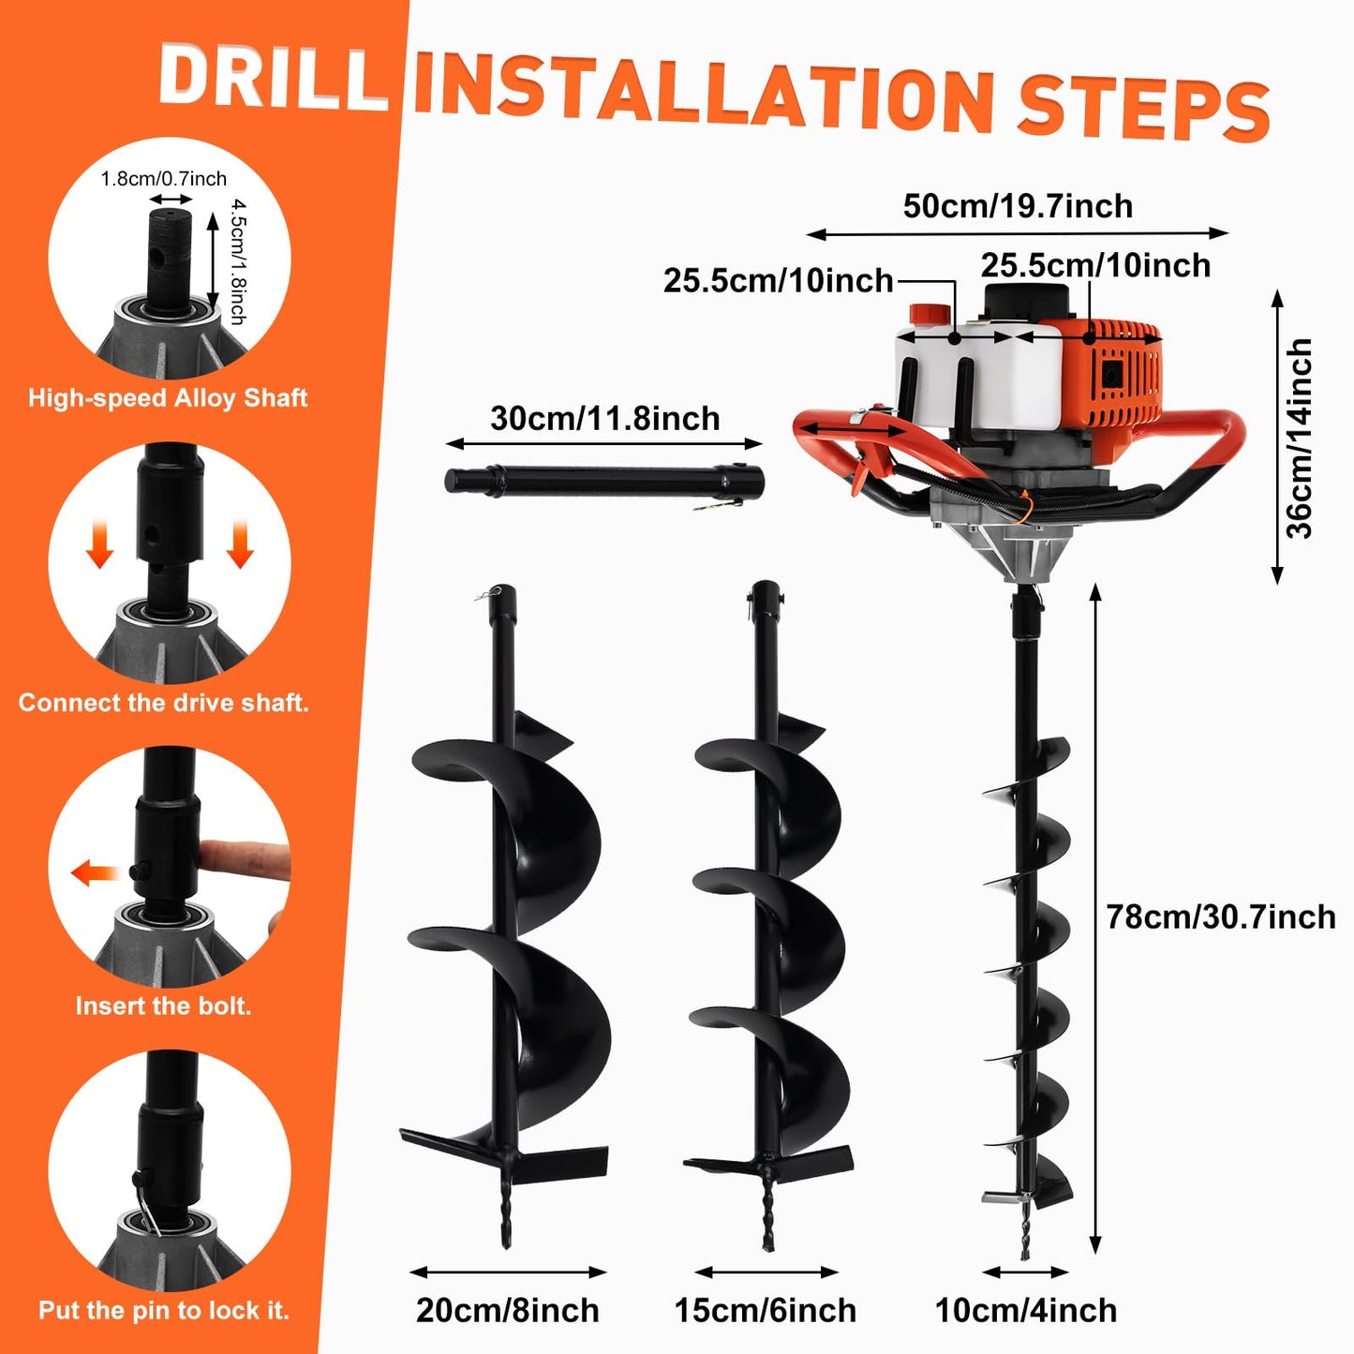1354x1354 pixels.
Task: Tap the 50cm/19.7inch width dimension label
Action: coord(1018,206)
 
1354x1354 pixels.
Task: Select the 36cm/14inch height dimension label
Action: coord(1300,439)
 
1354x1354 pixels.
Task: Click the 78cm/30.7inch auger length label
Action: coord(1220,916)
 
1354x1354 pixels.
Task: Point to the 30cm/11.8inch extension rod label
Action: coord(605,418)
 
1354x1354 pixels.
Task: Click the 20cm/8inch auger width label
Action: coord(508,1310)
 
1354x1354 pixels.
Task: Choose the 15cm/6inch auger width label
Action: coord(766,1310)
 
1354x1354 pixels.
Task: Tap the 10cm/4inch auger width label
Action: coord(1026,1310)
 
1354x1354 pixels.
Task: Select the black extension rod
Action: coord(604,482)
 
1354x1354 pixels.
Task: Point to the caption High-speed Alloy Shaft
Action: coord(168,398)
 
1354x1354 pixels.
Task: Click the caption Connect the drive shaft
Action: coord(164,703)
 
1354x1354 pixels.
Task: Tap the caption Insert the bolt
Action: coord(164,1006)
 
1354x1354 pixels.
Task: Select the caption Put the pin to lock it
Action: coord(164,1310)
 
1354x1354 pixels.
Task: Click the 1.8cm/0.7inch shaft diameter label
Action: coord(164,179)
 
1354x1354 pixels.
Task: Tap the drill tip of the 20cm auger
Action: coord(506,1223)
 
